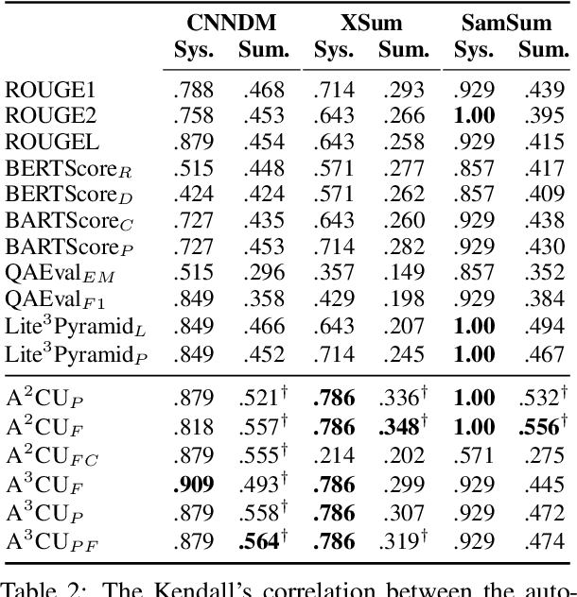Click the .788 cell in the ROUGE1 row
point(194,91)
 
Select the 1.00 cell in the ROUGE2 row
point(474,117)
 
